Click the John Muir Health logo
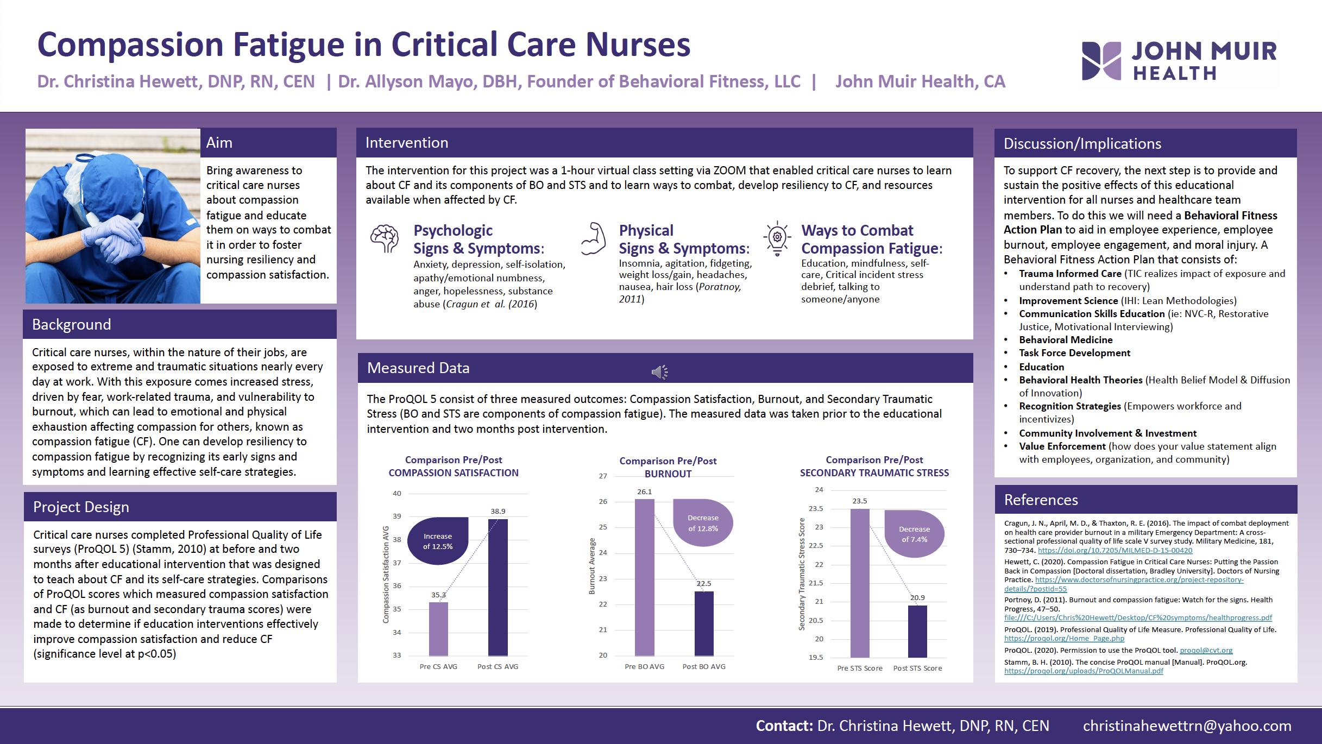coord(1179,61)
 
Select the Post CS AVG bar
coord(498,587)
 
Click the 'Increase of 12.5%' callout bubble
coord(438,541)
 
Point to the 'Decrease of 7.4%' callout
coord(915,534)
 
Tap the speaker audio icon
coord(659,372)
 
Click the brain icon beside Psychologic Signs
coord(385,239)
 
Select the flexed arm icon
coord(594,239)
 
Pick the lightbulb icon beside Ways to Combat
coord(777,238)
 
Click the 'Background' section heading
coord(72,324)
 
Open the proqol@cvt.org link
coord(1206,650)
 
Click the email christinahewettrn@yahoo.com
coord(1187,726)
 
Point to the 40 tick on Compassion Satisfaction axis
coord(397,493)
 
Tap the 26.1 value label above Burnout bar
coord(644,491)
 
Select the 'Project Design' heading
coord(81,507)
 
